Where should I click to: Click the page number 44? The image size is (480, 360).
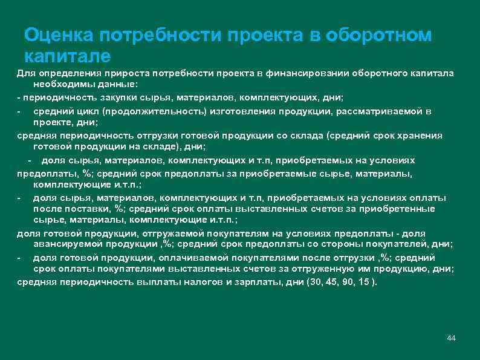(x=451, y=336)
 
